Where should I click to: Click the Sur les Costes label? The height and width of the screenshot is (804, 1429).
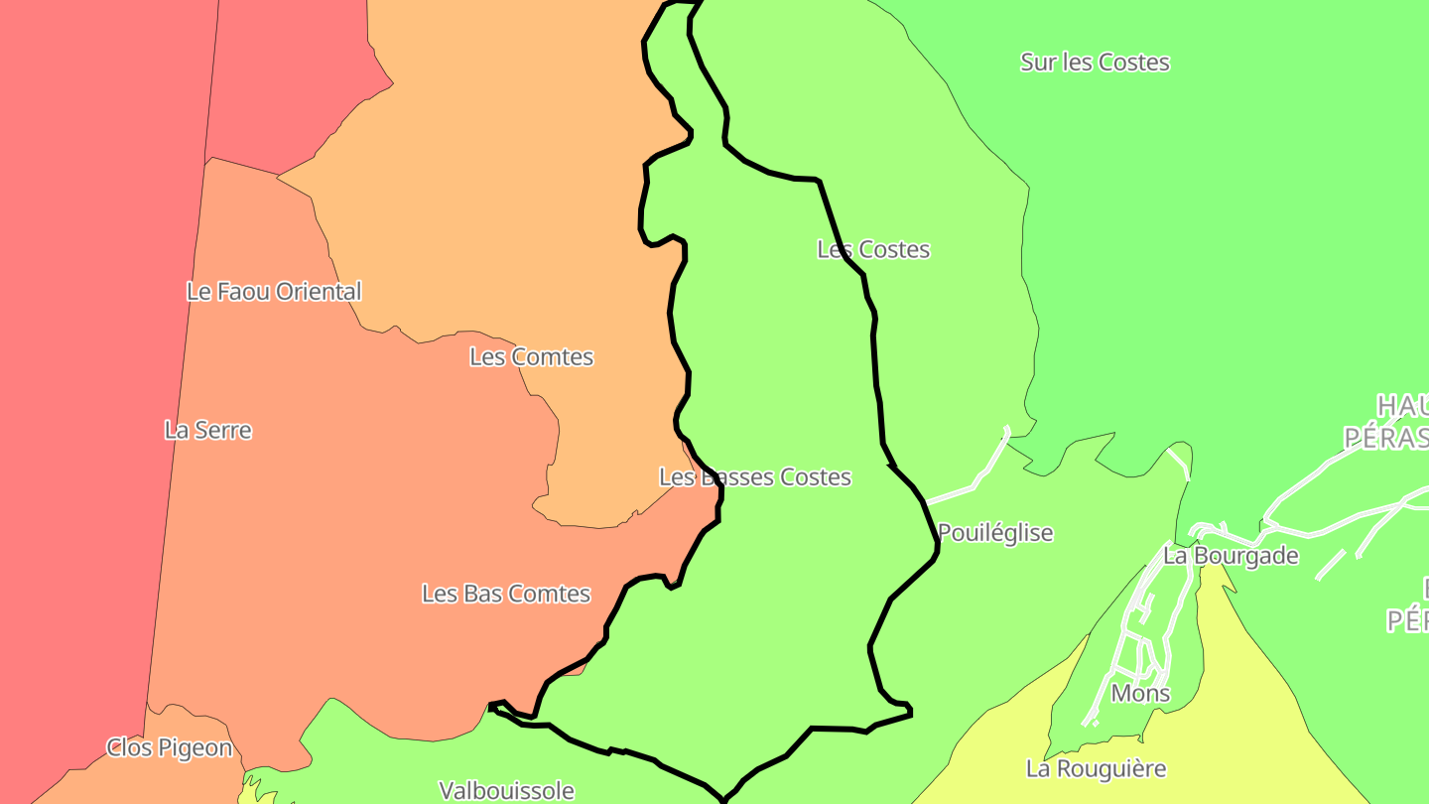point(1095,63)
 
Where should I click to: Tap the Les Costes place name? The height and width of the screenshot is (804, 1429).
point(873,249)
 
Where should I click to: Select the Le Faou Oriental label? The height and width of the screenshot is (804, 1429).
point(274,292)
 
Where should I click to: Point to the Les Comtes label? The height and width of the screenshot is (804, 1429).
point(531,357)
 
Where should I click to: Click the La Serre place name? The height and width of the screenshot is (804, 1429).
point(207,431)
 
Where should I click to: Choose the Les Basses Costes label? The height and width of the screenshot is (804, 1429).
point(755,477)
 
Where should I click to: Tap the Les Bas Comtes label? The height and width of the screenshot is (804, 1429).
point(506,594)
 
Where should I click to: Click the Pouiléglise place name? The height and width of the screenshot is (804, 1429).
point(995,533)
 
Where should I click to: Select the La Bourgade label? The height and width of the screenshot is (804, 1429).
point(1231,556)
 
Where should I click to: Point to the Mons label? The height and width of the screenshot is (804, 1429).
point(1140,693)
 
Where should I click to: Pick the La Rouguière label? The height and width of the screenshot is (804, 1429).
point(1096,768)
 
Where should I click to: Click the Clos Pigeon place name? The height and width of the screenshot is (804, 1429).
point(170,747)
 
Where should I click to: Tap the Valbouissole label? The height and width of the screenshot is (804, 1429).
point(507,791)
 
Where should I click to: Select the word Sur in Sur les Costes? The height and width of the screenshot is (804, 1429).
point(1039,63)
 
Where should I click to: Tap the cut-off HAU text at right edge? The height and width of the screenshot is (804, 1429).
point(1401,405)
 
